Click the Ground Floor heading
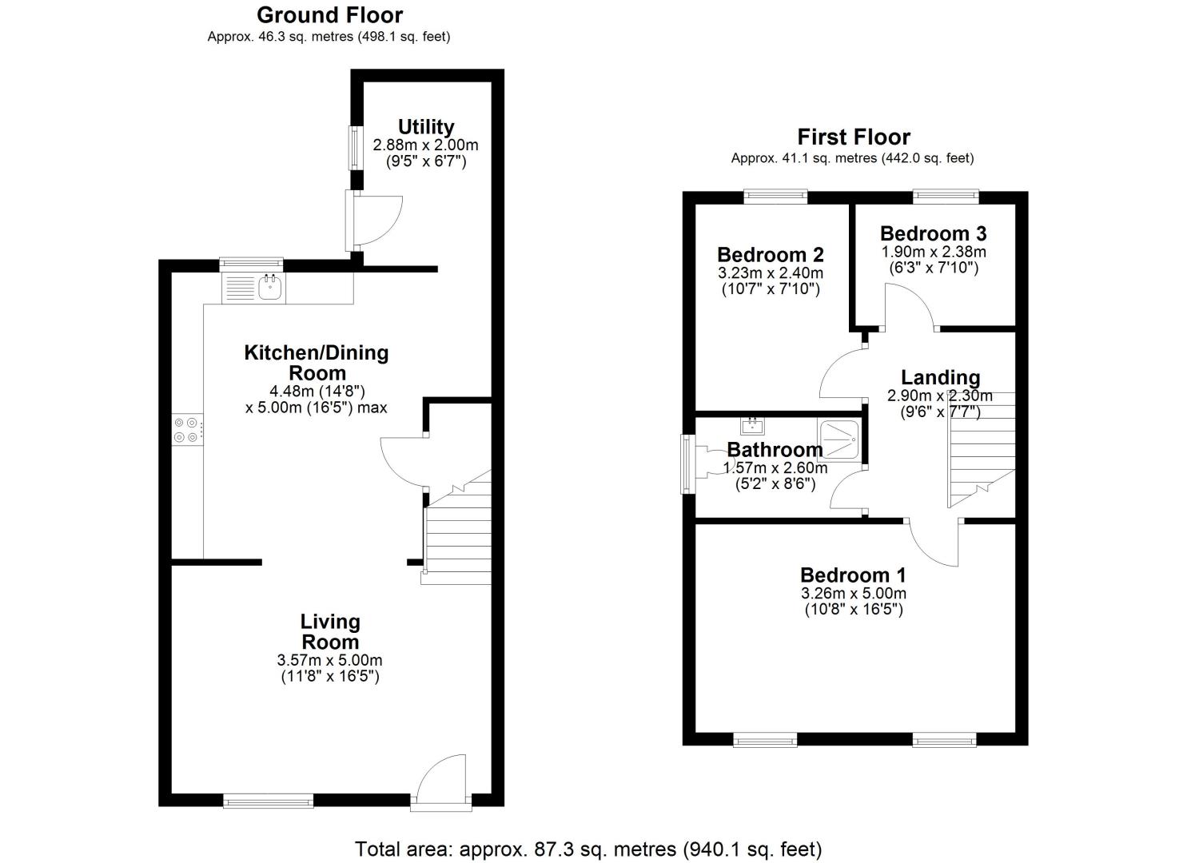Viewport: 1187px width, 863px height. [x=329, y=15]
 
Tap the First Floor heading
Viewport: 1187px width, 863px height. [x=854, y=137]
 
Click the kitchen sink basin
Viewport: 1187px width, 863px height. [x=271, y=288]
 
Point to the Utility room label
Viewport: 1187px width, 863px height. [x=426, y=127]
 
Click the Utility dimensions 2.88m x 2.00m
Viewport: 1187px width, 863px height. [x=425, y=145]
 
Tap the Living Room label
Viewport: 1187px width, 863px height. [x=330, y=631]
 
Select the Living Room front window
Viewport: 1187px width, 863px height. [x=268, y=800]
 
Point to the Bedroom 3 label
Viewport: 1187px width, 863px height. [x=933, y=233]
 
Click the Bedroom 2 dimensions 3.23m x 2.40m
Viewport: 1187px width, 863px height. [x=771, y=272]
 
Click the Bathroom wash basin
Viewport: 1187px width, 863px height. [x=752, y=426]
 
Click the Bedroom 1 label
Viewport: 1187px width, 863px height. [x=853, y=575]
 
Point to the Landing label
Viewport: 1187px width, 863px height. [x=941, y=377]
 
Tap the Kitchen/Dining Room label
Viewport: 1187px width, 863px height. [x=317, y=362]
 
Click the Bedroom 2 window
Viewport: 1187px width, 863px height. [x=776, y=197]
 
